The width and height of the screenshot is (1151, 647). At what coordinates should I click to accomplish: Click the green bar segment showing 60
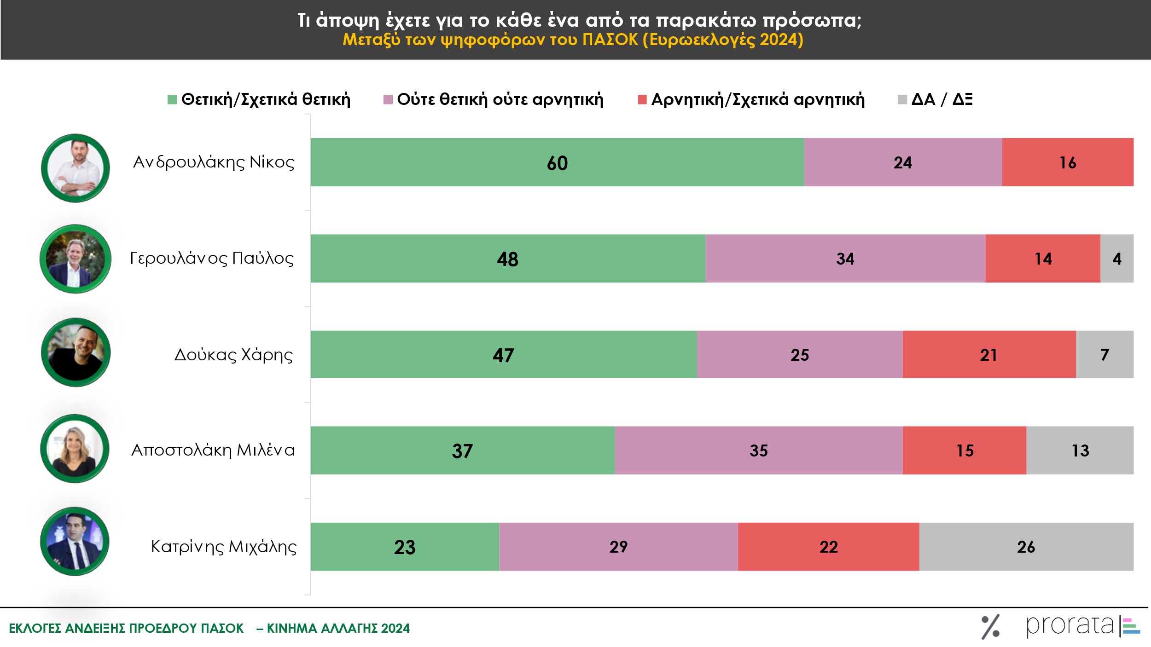[x=557, y=162]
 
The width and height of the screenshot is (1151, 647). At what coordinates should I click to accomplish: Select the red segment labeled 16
[x=1067, y=162]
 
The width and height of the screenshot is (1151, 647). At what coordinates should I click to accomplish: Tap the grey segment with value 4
[x=1116, y=258]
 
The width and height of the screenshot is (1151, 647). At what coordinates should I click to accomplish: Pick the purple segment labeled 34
[x=845, y=258]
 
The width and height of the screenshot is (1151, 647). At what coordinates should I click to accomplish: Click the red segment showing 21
[x=988, y=354]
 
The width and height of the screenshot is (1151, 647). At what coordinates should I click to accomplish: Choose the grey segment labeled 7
[x=1104, y=354]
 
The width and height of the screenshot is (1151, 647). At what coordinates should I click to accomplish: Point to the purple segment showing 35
[x=758, y=450]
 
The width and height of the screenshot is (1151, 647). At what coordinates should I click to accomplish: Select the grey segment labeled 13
[x=1080, y=450]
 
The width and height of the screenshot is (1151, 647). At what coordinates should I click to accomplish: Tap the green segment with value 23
[x=404, y=547]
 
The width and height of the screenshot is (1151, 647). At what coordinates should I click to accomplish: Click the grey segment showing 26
[x=1026, y=547]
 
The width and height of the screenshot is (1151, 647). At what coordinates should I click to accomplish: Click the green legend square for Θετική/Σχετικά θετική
[x=172, y=99]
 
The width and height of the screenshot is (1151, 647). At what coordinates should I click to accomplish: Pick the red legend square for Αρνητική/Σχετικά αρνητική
[x=642, y=99]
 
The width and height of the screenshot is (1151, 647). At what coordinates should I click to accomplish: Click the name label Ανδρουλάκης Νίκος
[x=214, y=162]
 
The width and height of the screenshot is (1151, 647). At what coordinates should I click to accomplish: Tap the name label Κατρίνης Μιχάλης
[x=224, y=547]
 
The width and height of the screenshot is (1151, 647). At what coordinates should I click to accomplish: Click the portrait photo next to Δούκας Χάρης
[x=76, y=352]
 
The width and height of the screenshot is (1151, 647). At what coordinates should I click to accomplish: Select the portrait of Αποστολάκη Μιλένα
[x=75, y=449]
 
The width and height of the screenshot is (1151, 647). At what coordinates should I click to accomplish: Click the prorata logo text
[x=1069, y=626]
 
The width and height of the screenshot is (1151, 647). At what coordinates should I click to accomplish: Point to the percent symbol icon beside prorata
[x=990, y=627]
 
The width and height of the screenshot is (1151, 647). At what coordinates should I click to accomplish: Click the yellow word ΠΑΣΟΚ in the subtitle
[x=610, y=40]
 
